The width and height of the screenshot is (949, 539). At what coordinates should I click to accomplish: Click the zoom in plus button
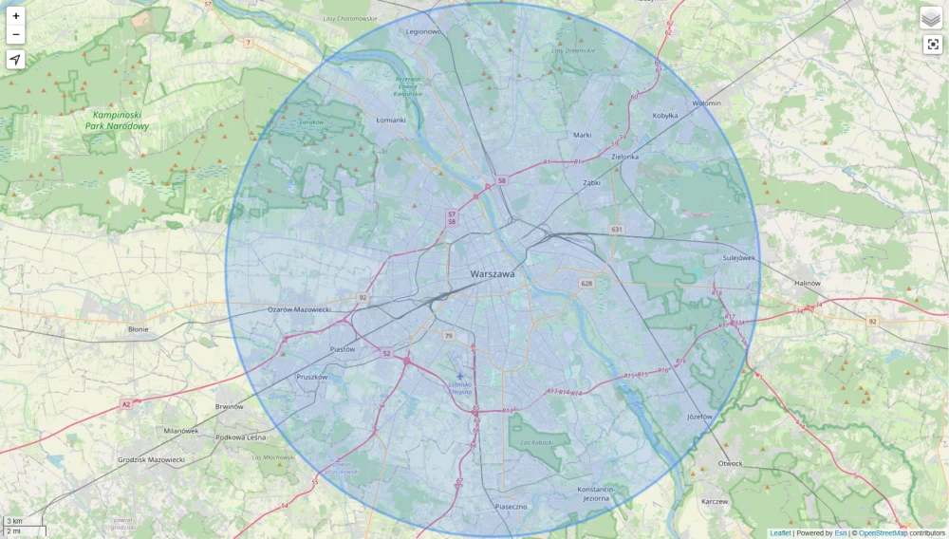click(x=16, y=16)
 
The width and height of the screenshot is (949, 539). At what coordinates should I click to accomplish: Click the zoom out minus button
click(x=16, y=35)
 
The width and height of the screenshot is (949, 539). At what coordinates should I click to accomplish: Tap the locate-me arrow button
click(x=16, y=61)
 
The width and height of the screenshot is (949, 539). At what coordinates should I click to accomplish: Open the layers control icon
click(x=932, y=18)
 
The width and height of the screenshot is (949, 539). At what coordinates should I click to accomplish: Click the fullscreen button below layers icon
click(x=932, y=45)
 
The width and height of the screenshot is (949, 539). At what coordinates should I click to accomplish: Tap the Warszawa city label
click(x=493, y=274)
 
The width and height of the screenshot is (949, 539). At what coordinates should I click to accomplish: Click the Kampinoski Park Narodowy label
click(x=117, y=120)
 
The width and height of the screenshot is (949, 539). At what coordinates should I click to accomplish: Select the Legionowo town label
click(x=424, y=31)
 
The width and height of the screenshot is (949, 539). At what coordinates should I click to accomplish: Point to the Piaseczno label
click(x=511, y=507)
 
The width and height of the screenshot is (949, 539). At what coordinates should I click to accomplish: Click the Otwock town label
click(x=730, y=464)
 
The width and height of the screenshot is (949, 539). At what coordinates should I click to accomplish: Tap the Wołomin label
click(x=706, y=102)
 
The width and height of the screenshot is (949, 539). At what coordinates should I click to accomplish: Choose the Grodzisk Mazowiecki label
click(x=151, y=459)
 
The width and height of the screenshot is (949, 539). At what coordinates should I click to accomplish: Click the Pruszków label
click(x=311, y=377)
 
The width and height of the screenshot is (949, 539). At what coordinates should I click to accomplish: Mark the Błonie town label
click(x=138, y=329)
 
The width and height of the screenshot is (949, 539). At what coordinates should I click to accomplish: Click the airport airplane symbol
click(x=461, y=376)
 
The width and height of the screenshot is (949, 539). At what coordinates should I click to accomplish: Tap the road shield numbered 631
click(x=617, y=230)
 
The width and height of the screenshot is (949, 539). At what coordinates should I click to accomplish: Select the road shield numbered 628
click(x=586, y=284)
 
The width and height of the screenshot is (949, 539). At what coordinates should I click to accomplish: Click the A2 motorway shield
click(x=125, y=404)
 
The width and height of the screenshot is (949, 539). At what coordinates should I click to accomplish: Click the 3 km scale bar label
click(x=15, y=521)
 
